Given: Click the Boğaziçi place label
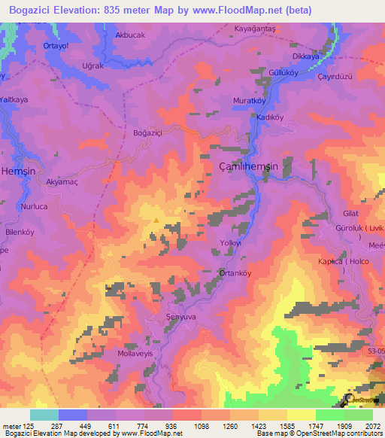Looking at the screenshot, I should [147, 132].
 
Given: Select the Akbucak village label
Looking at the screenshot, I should [129, 35].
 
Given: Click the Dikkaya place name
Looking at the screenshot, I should [305, 56].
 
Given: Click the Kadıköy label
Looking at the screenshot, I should [268, 117].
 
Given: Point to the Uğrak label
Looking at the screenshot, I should [92, 66].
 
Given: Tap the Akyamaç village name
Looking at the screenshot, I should [62, 182].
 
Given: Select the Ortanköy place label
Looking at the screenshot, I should [233, 273].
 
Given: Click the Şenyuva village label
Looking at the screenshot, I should [181, 318].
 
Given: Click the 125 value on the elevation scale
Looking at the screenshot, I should [29, 426].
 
